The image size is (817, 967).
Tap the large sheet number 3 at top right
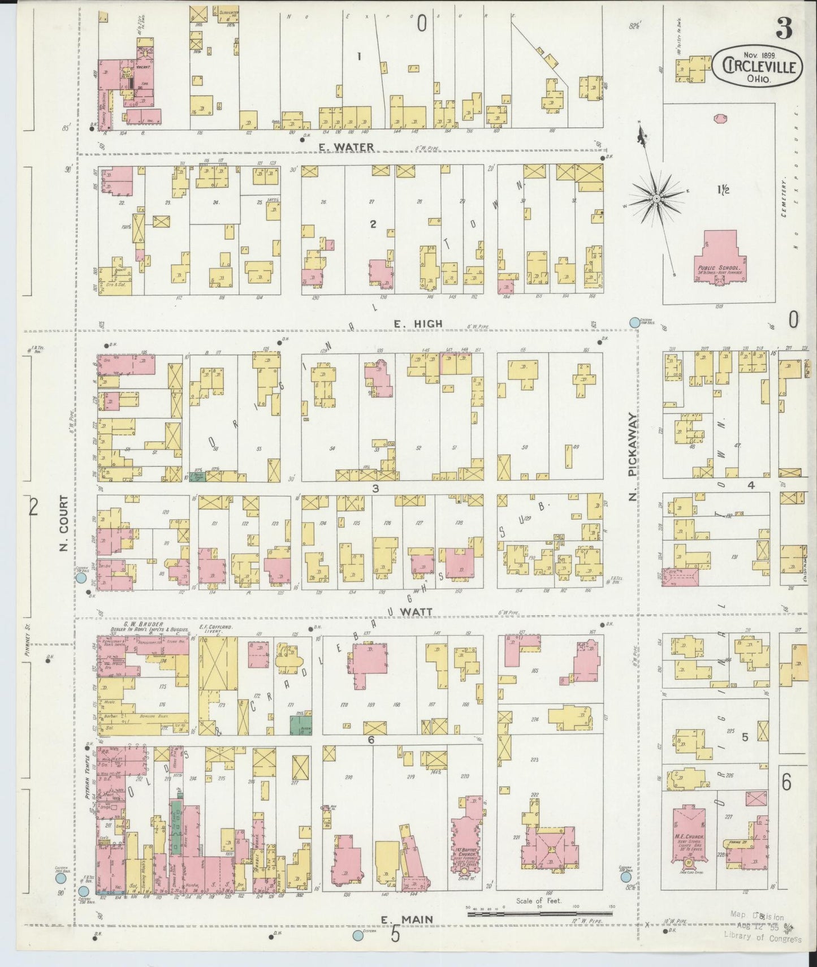(x=783, y=28)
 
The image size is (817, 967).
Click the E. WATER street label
(x=345, y=148)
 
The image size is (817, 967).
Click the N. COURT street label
(x=63, y=524)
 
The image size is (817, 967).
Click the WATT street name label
(x=417, y=612)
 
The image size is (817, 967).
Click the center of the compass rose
(x=656, y=198)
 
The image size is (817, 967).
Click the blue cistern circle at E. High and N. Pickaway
(x=634, y=322)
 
